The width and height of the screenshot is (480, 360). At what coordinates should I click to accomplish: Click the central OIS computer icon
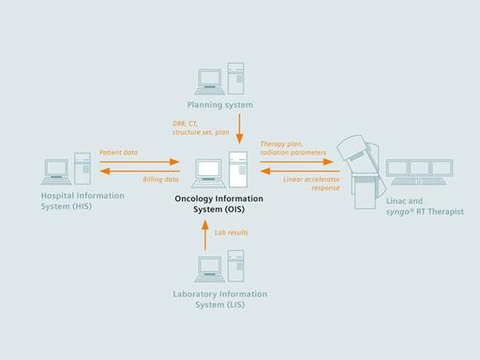221,169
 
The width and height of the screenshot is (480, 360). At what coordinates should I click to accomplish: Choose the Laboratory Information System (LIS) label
221,299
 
